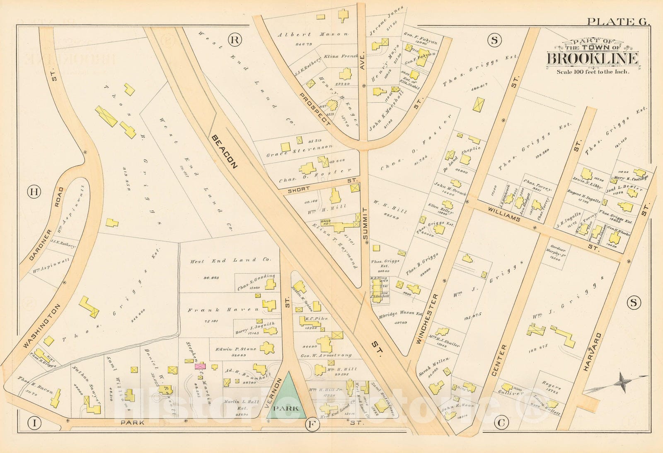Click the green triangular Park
click(x=287, y=400)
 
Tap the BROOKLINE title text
click(x=593, y=59)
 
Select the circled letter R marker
click(x=235, y=40)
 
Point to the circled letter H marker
click(x=34, y=192)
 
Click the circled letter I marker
click(x=34, y=423)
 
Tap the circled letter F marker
click(x=311, y=424)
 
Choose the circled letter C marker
click(x=501, y=423)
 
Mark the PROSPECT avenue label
click(x=315, y=108)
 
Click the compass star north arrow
click(x=622, y=382)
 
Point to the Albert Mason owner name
click(x=313, y=35)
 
